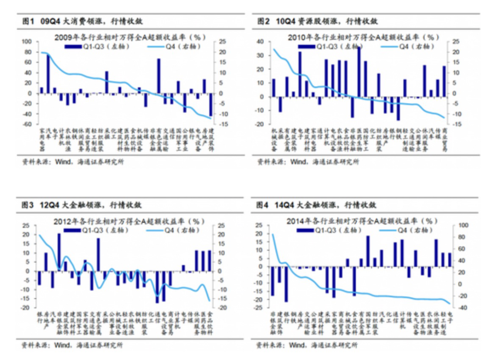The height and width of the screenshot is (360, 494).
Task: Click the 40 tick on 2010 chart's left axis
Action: click(x=261, y=41)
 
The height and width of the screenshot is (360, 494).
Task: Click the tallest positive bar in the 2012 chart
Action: click(x=59, y=253)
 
